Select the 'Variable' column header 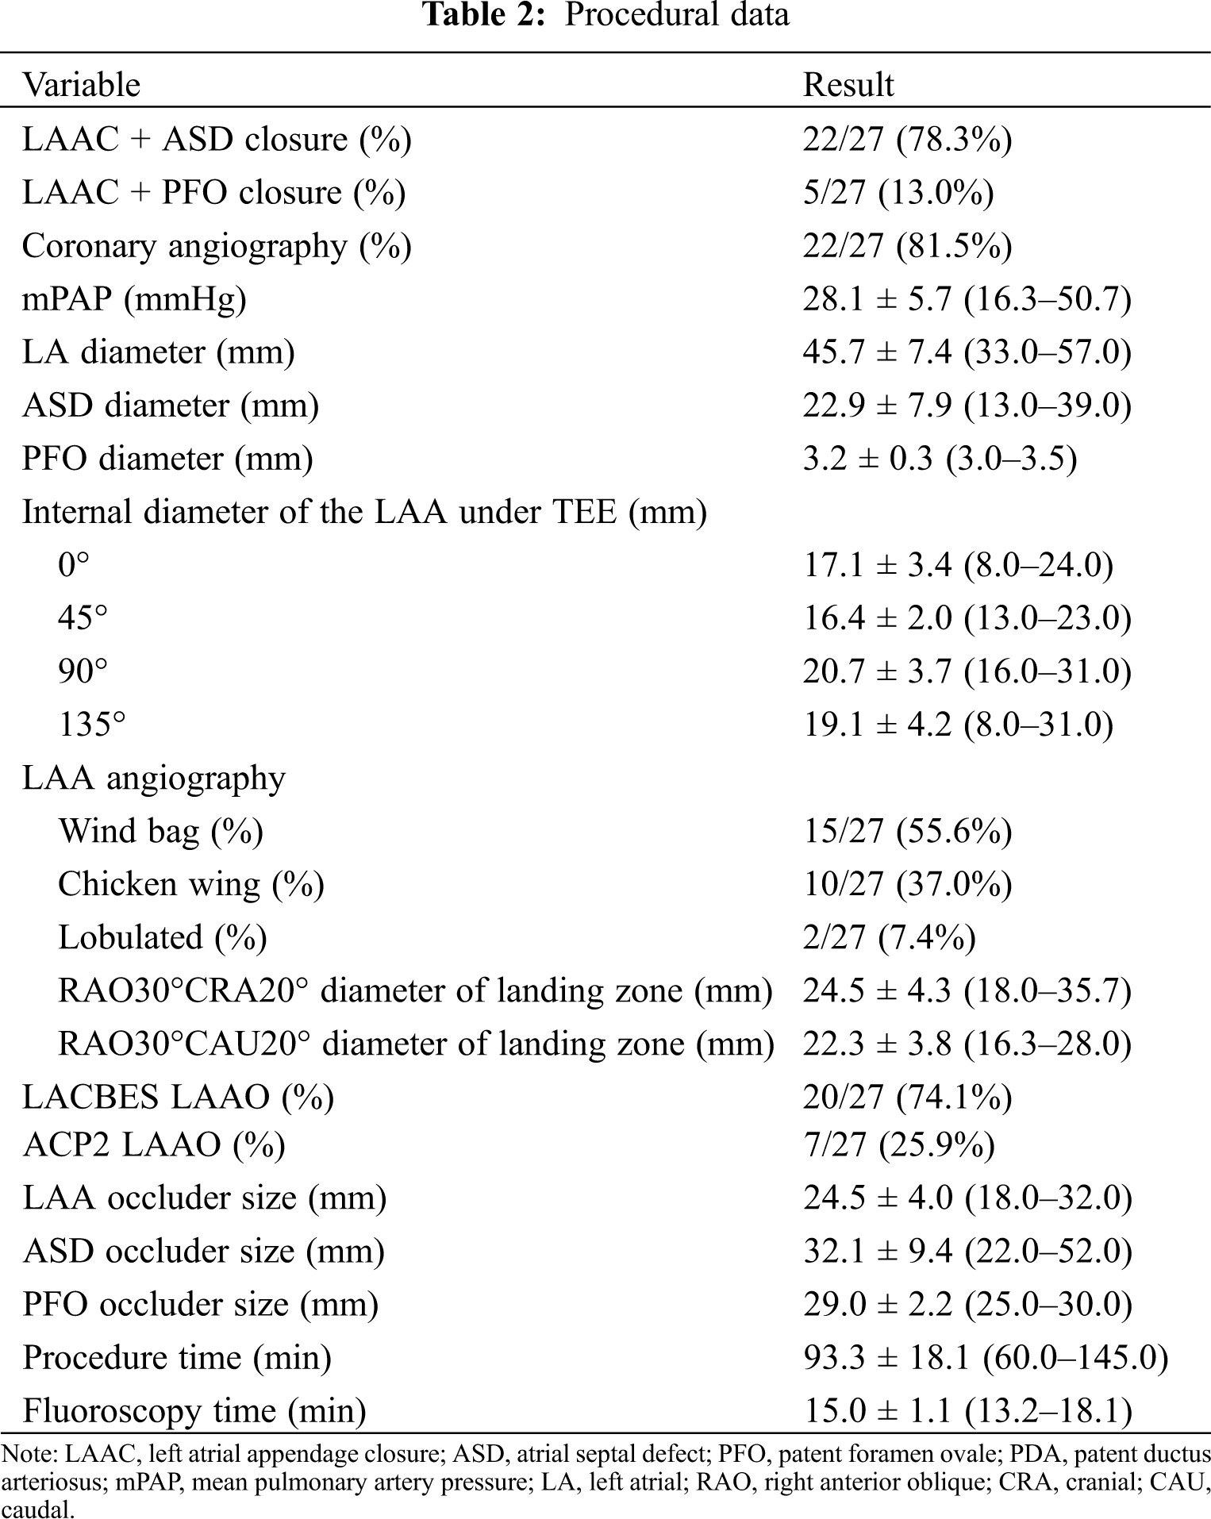81,85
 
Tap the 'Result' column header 848,85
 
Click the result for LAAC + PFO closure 898,193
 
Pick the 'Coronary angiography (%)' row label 217,246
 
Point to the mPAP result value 967,299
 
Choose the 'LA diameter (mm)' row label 158,352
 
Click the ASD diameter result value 967,406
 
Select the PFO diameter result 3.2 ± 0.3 940,459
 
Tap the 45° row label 83,617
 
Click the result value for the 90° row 967,671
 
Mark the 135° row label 91,725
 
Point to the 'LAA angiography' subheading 153,778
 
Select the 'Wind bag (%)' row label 160,831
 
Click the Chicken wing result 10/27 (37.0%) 907,884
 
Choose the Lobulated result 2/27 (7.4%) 889,937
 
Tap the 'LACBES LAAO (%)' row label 178,1097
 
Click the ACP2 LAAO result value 898,1144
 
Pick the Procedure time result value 985,1357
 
